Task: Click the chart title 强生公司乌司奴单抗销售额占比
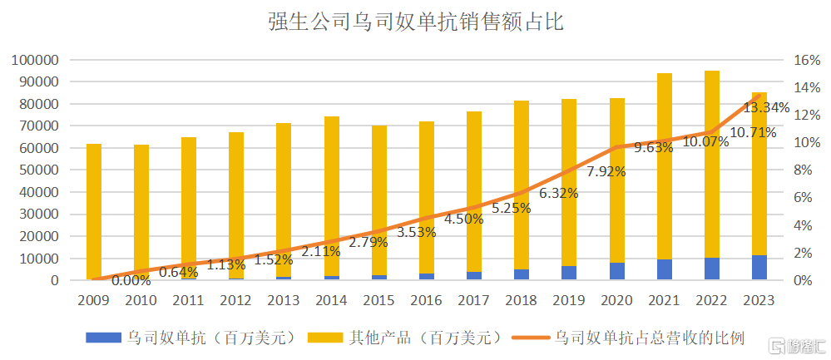point(415,22)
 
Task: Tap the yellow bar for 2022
point(712,166)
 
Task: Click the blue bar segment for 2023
point(759,268)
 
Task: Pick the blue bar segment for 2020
point(617,271)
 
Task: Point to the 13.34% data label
point(766,107)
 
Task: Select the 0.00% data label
point(131,280)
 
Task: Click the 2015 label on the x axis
point(379,300)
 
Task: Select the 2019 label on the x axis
point(570,300)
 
